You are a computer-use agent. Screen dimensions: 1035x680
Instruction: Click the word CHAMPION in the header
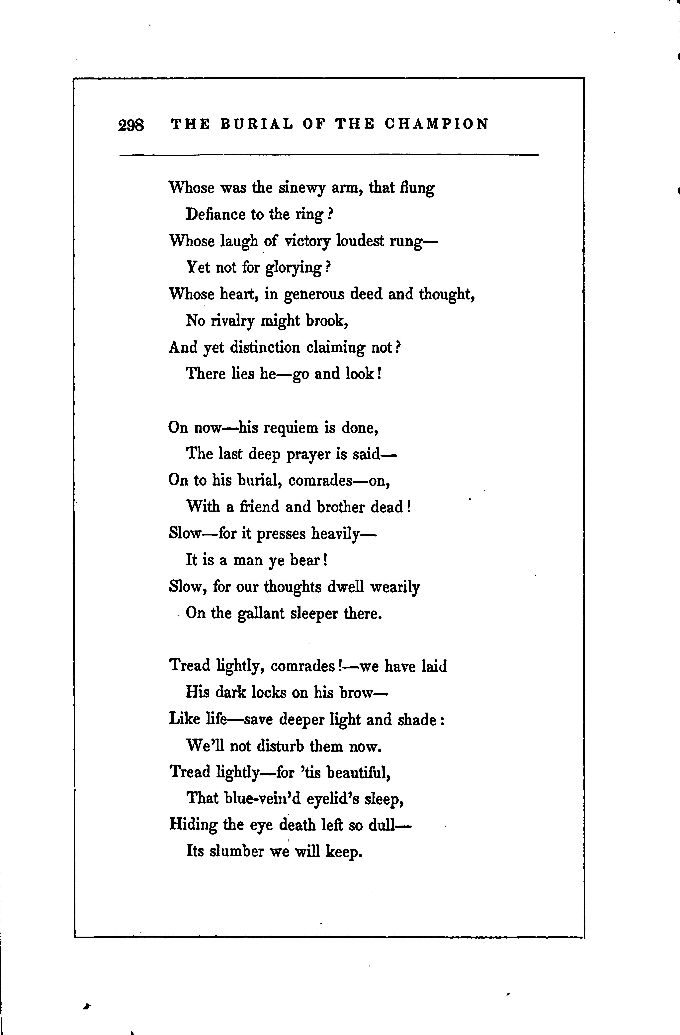(437, 124)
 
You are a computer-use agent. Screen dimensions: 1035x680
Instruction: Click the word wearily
(395, 587)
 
